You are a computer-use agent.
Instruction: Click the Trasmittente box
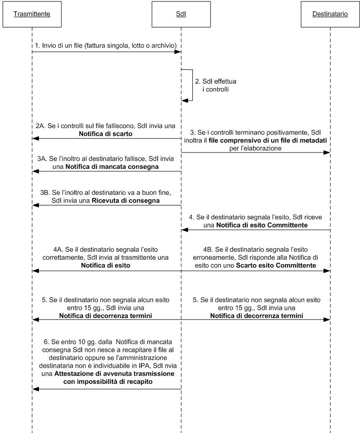tap(32, 14)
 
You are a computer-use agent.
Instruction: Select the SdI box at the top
tap(181, 14)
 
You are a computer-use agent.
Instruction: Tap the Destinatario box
tap(330, 14)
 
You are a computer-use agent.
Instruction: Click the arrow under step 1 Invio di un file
tap(106, 52)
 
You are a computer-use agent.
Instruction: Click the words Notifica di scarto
tap(106, 134)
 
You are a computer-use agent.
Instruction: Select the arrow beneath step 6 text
tap(106, 389)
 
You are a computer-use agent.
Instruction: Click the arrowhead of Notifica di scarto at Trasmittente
tap(35, 139)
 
